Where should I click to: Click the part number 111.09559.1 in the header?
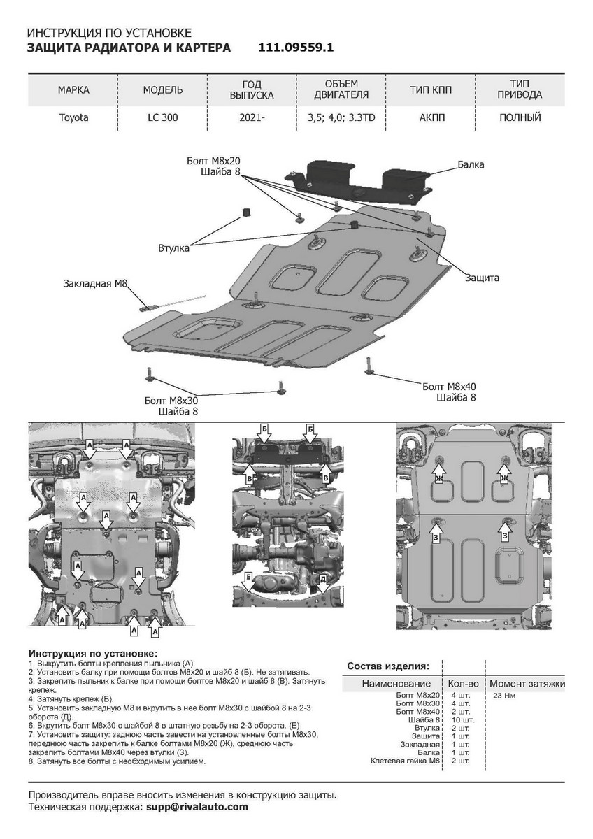pyautogui.click(x=296, y=48)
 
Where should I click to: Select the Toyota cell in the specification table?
pyautogui.click(x=73, y=117)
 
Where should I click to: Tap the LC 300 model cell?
pyautogui.click(x=163, y=117)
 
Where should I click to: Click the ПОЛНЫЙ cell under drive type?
pyautogui.click(x=520, y=117)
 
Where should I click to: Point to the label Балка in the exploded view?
pyautogui.click(x=471, y=165)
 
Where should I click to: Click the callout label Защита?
pyautogui.click(x=482, y=278)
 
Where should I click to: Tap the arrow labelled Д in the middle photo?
pyautogui.click(x=323, y=580)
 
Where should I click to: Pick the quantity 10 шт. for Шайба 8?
pyautogui.click(x=463, y=719)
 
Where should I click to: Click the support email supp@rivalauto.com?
pyautogui.click(x=195, y=806)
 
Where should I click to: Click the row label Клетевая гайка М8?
pyautogui.click(x=406, y=761)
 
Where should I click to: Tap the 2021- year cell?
pyautogui.click(x=252, y=117)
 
